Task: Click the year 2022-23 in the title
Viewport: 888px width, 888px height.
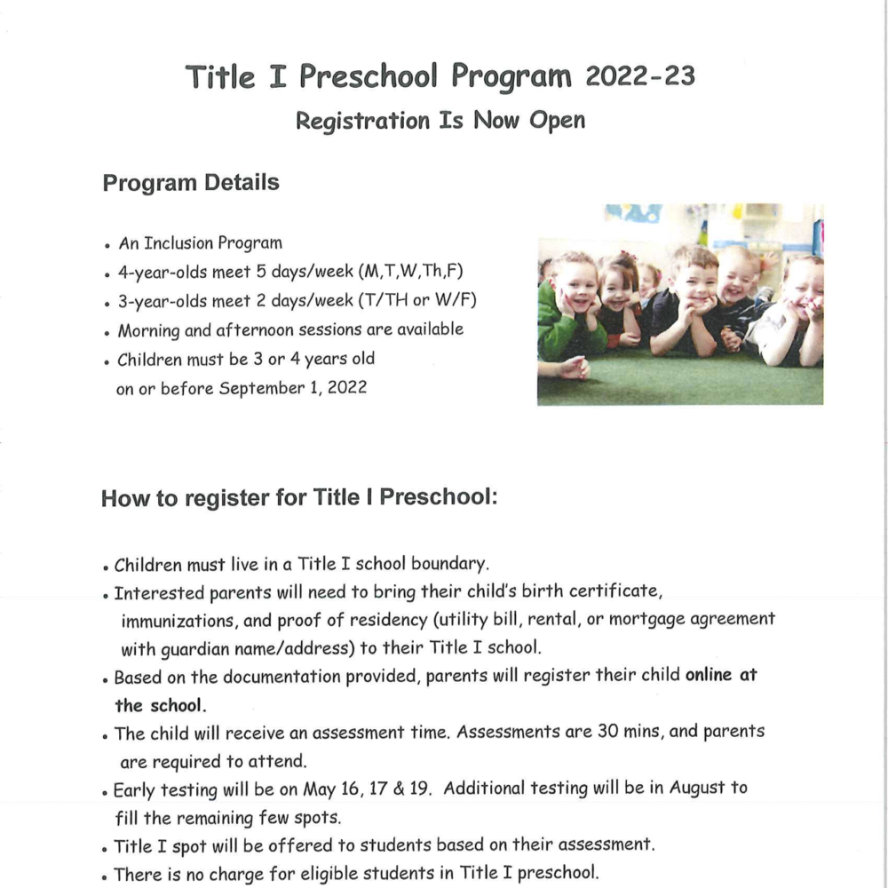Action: coord(640,75)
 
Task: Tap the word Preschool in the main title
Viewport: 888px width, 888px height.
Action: coord(369,76)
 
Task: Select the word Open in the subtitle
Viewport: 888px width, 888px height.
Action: coord(557,121)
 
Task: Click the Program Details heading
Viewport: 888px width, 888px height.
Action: coord(191,182)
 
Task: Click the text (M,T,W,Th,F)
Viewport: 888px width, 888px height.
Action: coord(410,271)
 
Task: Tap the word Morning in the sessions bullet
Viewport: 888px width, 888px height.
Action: coord(148,330)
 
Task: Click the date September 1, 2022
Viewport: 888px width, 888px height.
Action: coord(293,388)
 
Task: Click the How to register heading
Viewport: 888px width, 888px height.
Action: coord(299,497)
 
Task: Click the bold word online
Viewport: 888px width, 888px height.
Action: coord(709,675)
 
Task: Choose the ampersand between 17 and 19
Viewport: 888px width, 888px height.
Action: coord(399,789)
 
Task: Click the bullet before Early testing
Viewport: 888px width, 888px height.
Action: coord(105,793)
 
